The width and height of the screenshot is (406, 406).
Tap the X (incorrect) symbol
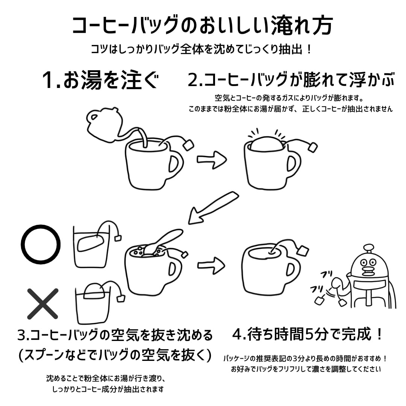[43, 303]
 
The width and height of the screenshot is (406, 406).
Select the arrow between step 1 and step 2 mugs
[212, 159]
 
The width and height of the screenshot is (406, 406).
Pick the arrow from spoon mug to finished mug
[211, 265]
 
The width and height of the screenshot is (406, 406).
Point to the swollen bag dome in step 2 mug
[267, 143]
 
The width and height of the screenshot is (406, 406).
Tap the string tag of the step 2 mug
[312, 147]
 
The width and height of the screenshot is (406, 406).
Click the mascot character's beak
[369, 271]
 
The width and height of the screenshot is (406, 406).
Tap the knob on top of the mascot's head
[368, 248]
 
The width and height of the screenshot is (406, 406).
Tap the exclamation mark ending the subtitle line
[309, 49]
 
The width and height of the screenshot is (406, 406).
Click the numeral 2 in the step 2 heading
[193, 80]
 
